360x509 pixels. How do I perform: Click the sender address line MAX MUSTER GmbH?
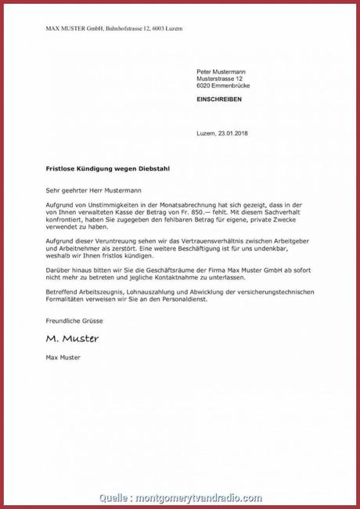(x=114, y=28)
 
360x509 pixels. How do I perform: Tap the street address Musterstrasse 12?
(x=221, y=79)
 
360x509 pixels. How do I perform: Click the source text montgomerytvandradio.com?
(x=199, y=497)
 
